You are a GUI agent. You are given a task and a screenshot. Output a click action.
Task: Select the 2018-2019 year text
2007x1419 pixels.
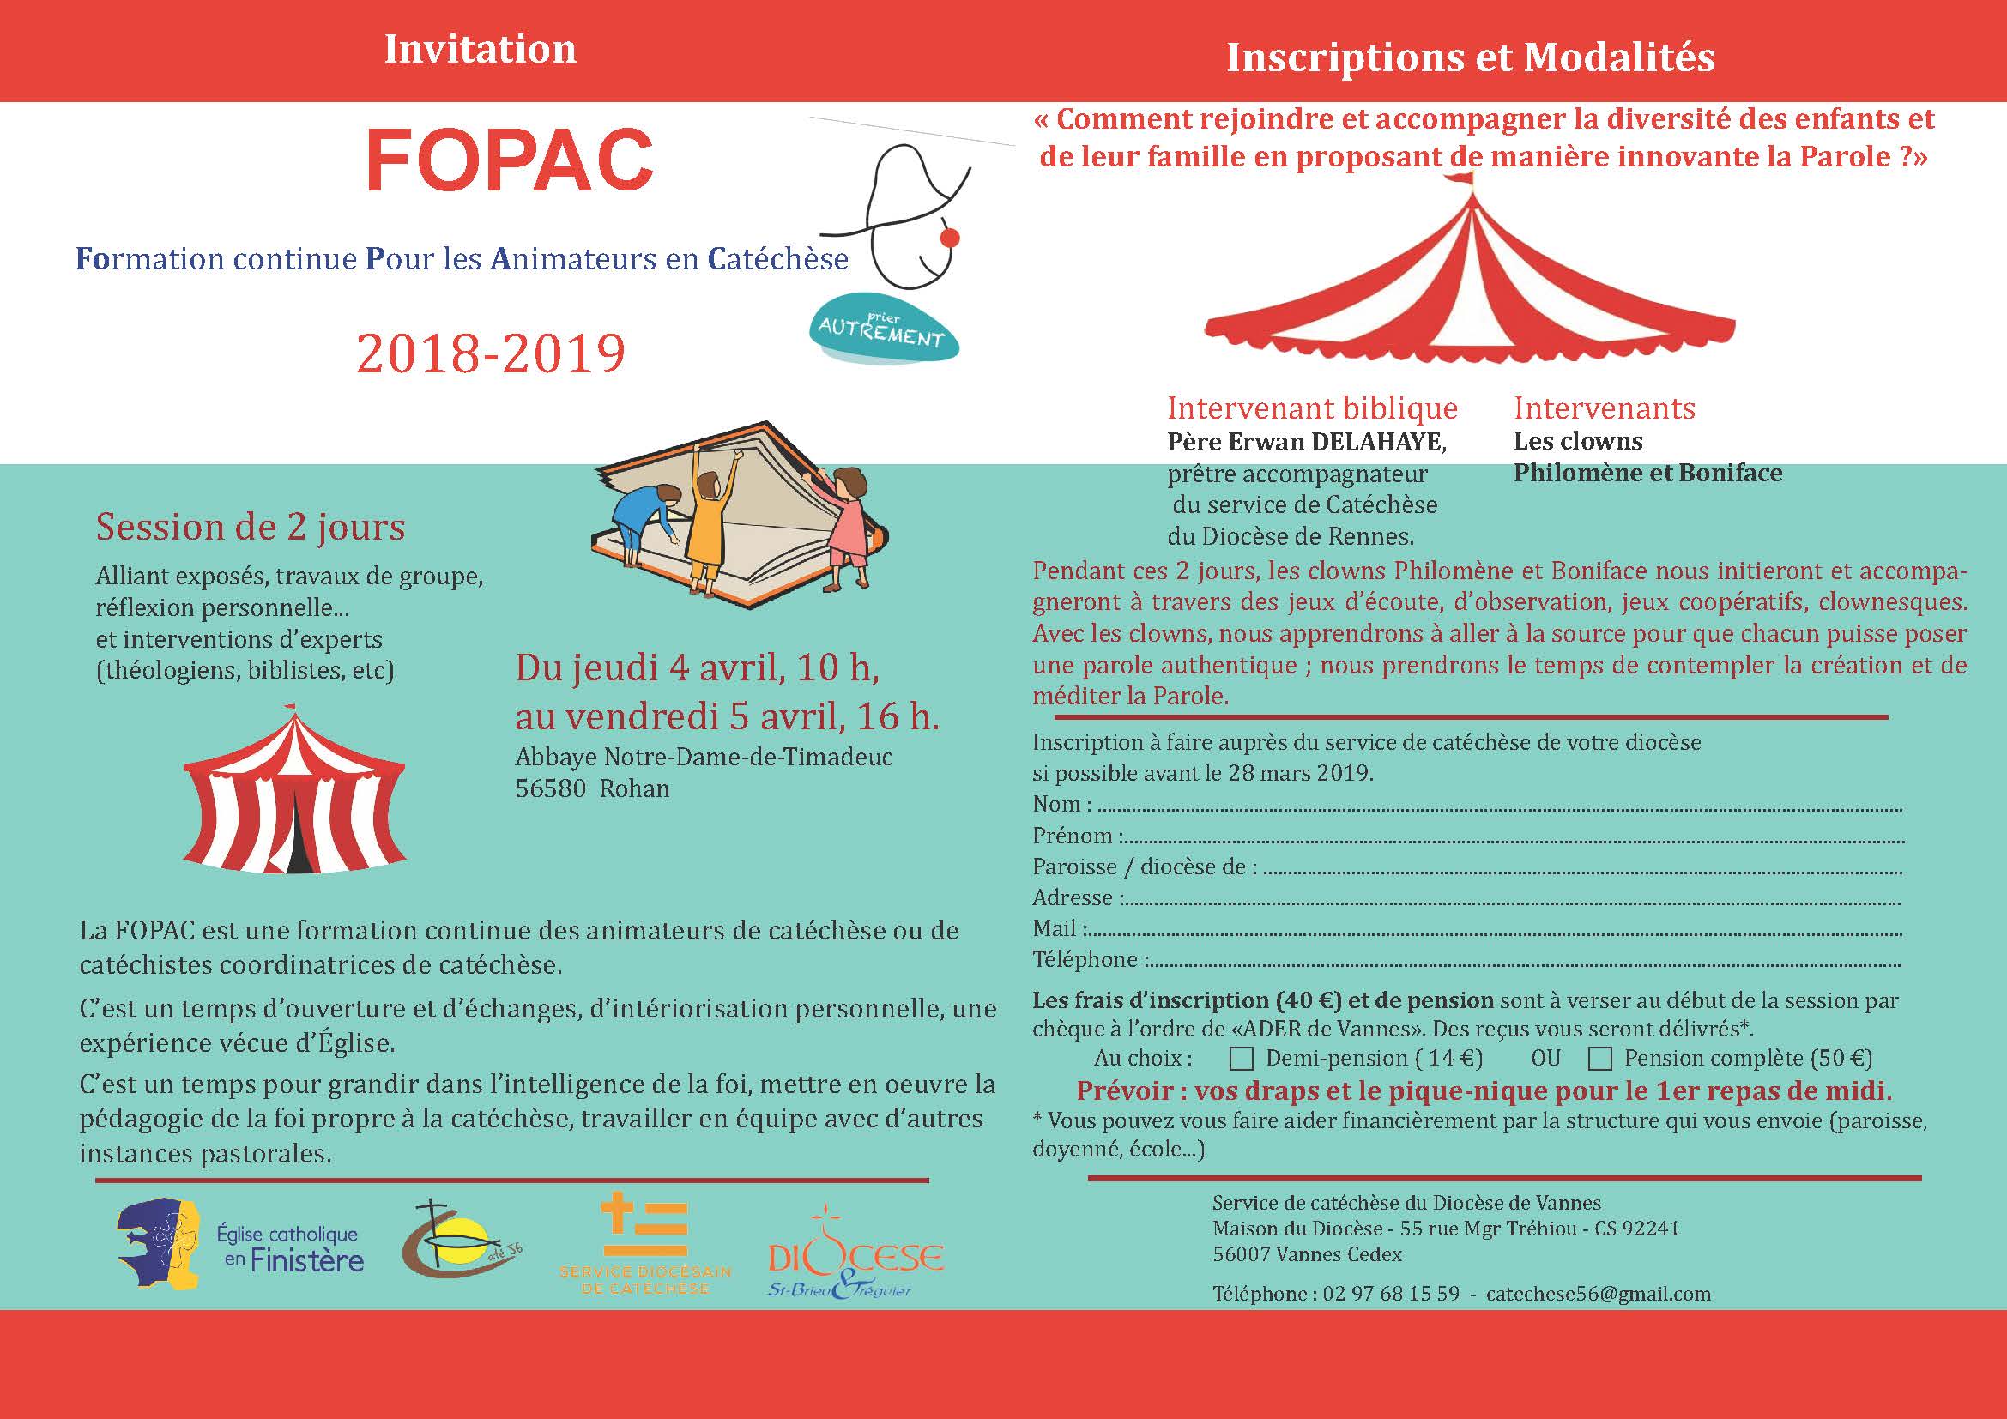(491, 353)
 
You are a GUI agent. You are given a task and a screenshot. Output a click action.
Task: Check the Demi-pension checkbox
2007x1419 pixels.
(1241, 1059)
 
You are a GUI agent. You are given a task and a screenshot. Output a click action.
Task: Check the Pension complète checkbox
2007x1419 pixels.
(1599, 1059)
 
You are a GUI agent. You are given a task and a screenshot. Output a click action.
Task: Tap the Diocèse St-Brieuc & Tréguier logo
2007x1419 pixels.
(855, 1258)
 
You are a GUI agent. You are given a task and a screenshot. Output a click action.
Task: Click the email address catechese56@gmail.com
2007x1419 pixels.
(1598, 1294)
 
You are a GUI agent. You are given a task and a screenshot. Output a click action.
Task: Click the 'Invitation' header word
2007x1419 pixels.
(480, 50)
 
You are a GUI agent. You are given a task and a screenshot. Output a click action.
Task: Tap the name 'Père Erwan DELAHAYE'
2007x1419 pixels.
(1307, 442)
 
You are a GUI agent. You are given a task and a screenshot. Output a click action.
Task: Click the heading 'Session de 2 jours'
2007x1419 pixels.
(251, 527)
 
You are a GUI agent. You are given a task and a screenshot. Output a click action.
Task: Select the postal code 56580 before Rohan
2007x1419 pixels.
(551, 789)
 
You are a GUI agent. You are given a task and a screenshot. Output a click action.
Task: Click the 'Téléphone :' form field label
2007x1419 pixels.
(1085, 959)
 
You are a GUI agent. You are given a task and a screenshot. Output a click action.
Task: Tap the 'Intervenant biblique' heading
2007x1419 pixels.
(1312, 408)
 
